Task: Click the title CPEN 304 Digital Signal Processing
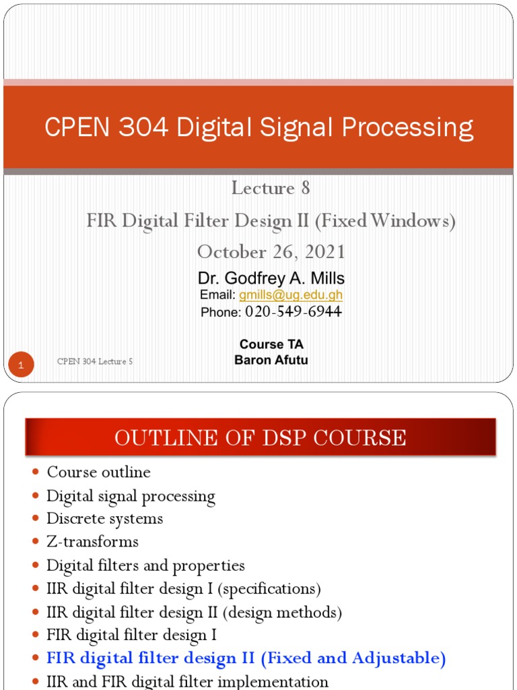click(258, 128)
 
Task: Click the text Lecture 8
click(271, 188)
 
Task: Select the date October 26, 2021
click(271, 252)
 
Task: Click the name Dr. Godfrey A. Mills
click(271, 278)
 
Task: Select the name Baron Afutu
click(271, 360)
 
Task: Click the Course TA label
click(271, 344)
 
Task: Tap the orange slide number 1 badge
click(22, 366)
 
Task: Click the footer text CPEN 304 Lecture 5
click(95, 361)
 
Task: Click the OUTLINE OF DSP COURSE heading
click(260, 438)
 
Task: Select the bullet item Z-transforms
click(92, 542)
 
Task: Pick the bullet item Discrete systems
click(104, 519)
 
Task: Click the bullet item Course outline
click(98, 472)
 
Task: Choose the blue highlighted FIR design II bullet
click(246, 658)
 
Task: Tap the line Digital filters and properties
click(145, 565)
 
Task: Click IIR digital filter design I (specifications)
click(183, 589)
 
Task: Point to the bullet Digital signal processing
click(131, 497)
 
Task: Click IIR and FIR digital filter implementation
click(187, 681)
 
